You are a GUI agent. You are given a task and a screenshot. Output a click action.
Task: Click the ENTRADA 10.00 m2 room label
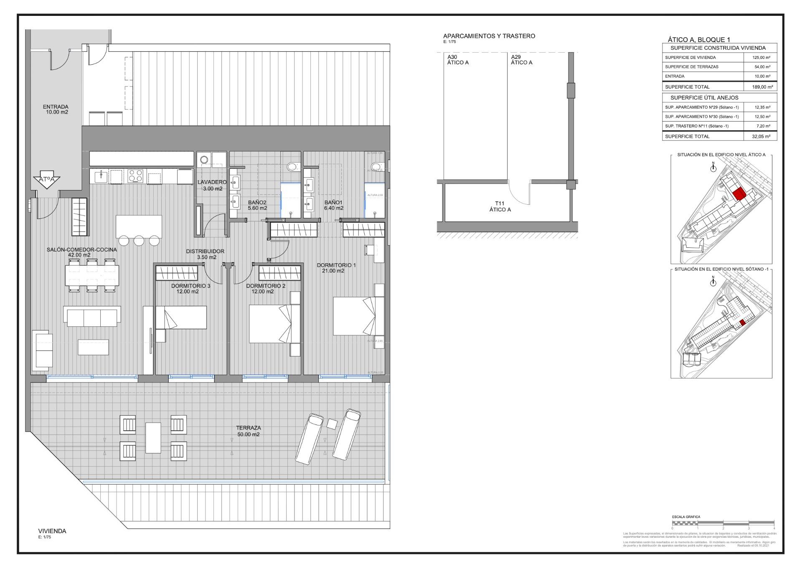point(55,109)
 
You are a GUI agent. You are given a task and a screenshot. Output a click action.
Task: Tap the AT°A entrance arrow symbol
point(46,180)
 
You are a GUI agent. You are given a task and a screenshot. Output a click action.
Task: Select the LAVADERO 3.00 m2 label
point(212,185)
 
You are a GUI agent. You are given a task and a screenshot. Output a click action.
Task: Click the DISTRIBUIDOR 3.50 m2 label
point(205,254)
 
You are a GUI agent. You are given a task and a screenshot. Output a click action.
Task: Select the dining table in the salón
point(92,275)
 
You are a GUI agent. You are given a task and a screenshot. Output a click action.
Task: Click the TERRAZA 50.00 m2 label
point(248,431)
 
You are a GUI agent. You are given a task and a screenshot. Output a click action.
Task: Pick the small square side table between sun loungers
point(332,424)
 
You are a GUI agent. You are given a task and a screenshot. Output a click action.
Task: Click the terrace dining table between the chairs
point(153,438)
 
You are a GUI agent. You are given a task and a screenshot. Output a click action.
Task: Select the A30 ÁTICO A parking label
point(458,60)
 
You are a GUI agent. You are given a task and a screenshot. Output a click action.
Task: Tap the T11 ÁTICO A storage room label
point(500,206)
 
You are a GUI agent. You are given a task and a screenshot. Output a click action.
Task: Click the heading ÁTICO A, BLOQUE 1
point(698,39)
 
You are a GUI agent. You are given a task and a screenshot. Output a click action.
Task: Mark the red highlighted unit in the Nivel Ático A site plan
point(739,194)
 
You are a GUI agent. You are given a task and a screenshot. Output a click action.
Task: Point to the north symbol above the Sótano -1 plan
point(713,282)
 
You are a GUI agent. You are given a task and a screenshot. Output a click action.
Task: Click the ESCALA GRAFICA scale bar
point(723,523)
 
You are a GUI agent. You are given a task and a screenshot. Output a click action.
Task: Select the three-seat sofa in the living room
point(92,316)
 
